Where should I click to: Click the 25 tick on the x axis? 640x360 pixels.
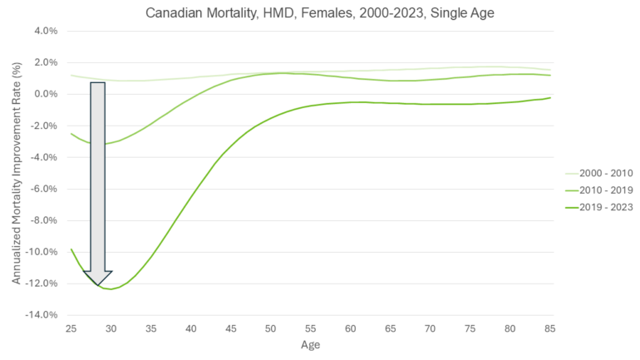tap(71, 329)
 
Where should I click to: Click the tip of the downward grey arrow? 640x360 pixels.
tap(98, 285)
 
